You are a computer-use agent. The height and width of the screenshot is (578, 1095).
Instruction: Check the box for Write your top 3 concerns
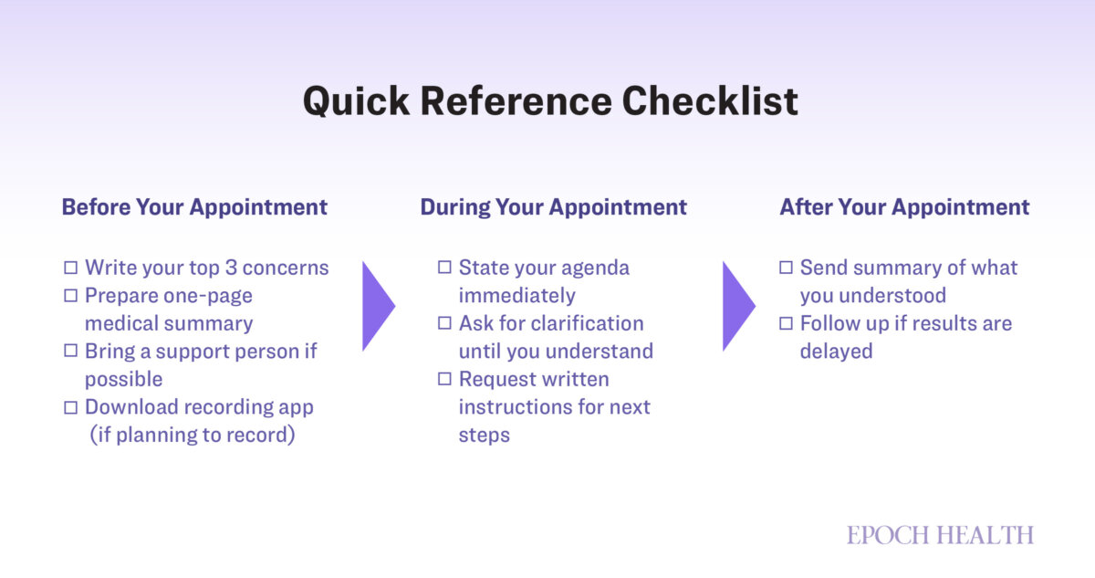coord(71,268)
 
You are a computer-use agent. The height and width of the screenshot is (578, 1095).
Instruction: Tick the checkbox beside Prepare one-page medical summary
coord(71,295)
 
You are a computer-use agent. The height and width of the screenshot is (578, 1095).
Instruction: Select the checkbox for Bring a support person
coord(71,351)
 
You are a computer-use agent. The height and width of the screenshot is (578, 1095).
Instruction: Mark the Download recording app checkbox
coord(71,407)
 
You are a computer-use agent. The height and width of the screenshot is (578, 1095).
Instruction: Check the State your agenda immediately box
coord(444,267)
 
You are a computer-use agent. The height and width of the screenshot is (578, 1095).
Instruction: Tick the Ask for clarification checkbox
coord(444,322)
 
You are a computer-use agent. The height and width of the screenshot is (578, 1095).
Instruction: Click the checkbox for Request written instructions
coord(444,379)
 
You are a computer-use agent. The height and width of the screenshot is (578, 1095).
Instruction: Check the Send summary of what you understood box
coord(786,268)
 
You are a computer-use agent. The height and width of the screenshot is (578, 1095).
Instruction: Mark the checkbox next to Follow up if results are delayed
coord(786,323)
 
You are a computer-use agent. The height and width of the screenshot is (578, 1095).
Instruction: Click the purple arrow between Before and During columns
coord(379,307)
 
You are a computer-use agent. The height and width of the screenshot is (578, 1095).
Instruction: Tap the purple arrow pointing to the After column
coord(738,307)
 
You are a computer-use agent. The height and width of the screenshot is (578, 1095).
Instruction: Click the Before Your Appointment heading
coord(194,207)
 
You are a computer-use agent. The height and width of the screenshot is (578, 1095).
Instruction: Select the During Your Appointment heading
coord(553,207)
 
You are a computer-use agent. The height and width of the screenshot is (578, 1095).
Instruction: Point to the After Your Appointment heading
coord(904,207)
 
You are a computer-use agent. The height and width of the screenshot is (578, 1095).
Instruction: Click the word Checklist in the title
coord(710,101)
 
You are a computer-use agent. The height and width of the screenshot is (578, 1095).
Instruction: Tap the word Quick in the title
coord(356,101)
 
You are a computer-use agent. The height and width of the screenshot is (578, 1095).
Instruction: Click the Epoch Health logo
coord(940,535)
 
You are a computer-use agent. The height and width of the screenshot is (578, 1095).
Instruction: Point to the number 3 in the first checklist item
coord(231,268)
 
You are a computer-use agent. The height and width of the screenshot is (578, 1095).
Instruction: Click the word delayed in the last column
coord(836,352)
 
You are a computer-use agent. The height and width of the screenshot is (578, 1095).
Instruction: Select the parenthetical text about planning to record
coord(193,436)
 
